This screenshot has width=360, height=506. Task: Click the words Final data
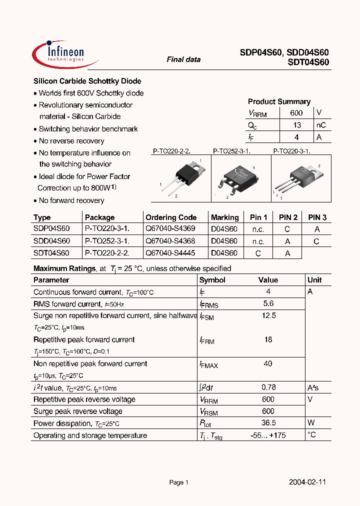[x=183, y=59]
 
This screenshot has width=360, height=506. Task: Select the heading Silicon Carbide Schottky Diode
[x=87, y=81]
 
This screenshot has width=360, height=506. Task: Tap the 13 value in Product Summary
[x=296, y=125]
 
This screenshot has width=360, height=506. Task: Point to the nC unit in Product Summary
[x=321, y=125]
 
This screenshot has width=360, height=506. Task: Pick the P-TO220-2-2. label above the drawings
[x=171, y=150]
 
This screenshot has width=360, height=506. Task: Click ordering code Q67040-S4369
[x=170, y=228]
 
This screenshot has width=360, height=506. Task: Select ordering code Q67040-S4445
[x=170, y=253]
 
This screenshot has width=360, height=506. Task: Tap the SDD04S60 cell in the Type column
[x=51, y=241]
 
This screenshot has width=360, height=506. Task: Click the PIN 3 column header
[x=317, y=217]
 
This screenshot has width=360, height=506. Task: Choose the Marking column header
[x=224, y=217]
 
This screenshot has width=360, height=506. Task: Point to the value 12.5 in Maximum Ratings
[x=268, y=315]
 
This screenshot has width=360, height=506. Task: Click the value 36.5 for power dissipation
[x=268, y=423]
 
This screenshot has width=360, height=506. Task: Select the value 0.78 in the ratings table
[x=268, y=387]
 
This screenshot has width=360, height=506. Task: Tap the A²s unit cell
[x=313, y=387]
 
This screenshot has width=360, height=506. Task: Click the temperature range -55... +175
[x=268, y=435]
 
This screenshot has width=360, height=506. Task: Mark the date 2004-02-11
[x=307, y=482]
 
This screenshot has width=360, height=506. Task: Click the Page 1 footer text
[x=178, y=482]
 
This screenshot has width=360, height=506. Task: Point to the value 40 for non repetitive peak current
[x=268, y=363]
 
